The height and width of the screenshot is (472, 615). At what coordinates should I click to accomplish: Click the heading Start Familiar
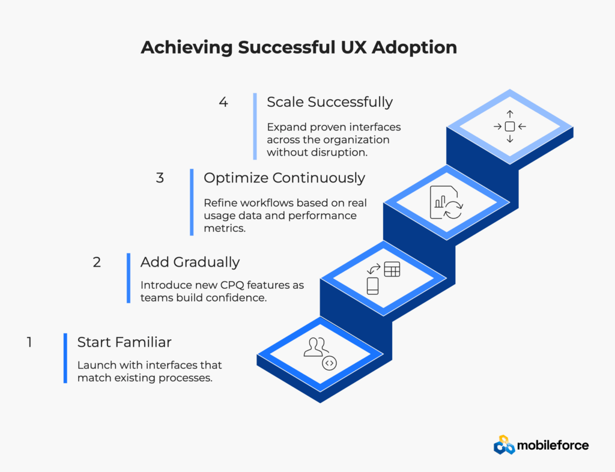coord(124,342)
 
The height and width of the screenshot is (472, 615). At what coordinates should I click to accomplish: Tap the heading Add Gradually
coord(190,262)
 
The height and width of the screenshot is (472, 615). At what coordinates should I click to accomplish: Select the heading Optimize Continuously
coord(284,178)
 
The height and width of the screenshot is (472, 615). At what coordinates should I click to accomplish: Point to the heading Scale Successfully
coord(330,102)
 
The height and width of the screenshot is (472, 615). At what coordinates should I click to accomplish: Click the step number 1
coord(29,342)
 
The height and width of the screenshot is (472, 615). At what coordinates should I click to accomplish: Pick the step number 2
coord(97,262)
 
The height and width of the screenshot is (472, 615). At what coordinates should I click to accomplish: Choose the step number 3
coord(160,178)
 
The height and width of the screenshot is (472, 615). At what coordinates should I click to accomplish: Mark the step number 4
coord(223,102)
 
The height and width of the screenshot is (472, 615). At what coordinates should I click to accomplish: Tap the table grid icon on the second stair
coord(392,270)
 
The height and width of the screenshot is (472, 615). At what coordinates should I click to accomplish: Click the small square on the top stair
coord(509,126)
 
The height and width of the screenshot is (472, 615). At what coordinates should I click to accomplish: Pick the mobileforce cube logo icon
coord(504,445)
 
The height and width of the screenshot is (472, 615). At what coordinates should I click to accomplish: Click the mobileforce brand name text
coord(554,445)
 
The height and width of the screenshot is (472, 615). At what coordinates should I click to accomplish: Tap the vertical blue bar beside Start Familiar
coord(65,358)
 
